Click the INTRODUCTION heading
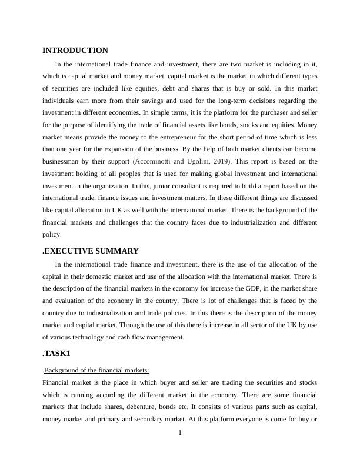[75, 51]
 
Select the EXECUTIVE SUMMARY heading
[92, 251]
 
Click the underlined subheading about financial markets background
[97, 370]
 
